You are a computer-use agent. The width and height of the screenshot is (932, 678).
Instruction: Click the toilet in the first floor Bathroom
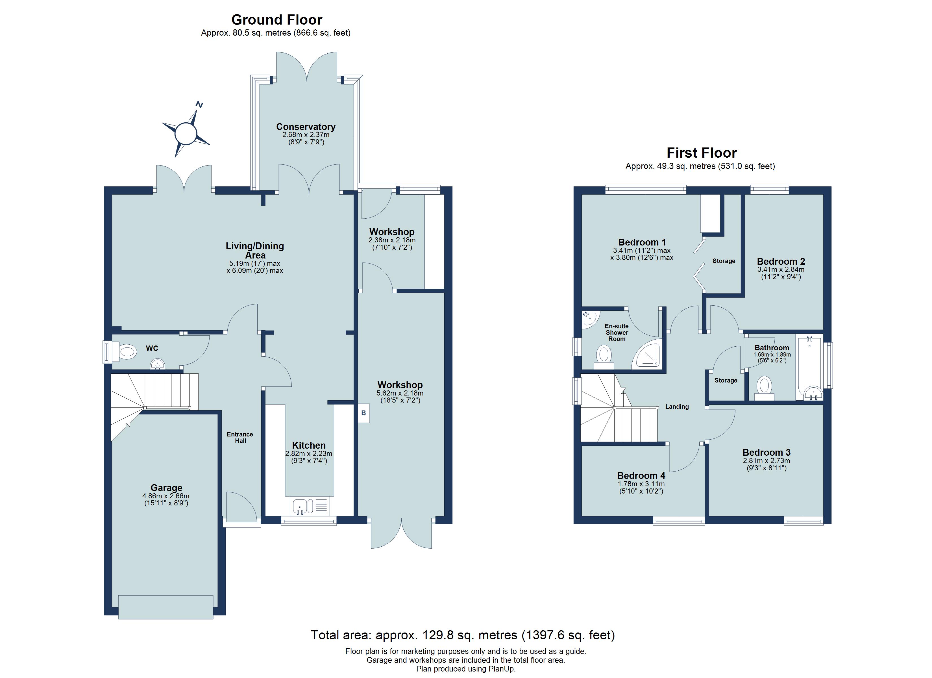click(764, 388)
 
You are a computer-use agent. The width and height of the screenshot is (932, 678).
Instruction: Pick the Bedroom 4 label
click(641, 476)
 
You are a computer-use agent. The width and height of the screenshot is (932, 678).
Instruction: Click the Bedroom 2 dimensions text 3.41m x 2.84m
click(781, 270)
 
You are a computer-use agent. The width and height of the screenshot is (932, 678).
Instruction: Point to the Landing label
click(677, 407)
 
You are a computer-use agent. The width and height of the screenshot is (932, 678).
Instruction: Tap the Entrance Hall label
click(240, 438)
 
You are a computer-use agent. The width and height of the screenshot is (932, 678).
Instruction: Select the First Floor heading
click(702, 153)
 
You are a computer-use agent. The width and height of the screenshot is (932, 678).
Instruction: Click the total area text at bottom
click(463, 635)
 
